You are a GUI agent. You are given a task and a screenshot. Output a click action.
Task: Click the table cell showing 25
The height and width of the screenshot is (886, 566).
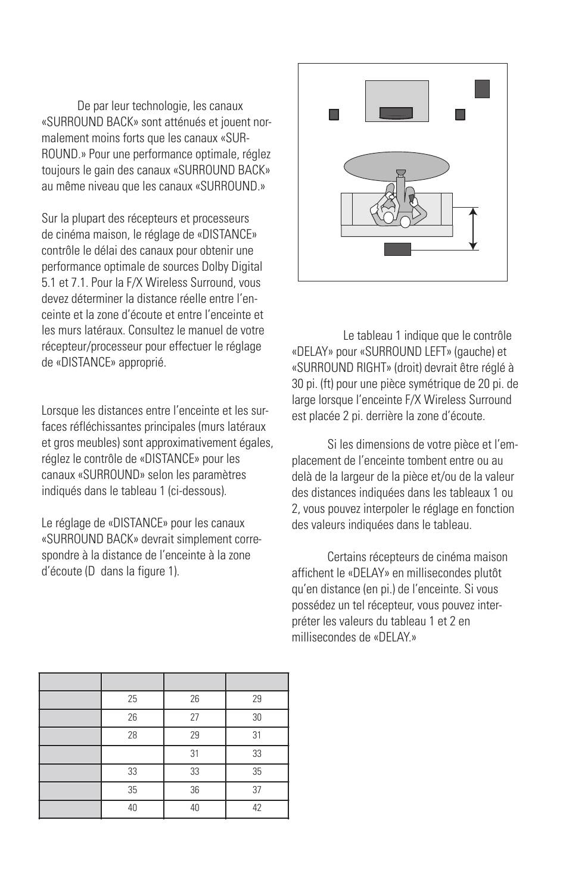tap(132, 699)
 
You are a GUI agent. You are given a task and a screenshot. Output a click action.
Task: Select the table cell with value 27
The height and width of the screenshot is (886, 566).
tap(194, 717)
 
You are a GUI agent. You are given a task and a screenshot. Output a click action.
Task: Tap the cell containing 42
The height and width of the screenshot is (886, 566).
tap(257, 807)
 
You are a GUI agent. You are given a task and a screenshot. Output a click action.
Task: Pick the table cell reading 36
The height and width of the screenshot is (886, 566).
tap(194, 790)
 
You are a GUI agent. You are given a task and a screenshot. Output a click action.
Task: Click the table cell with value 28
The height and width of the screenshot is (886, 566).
tap(132, 735)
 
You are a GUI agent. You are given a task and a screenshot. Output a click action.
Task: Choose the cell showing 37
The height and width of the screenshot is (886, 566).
tap(257, 790)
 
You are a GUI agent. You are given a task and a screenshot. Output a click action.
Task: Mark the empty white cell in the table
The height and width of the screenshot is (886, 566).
tap(132, 753)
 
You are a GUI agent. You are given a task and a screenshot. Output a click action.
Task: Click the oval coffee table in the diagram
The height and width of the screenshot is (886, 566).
tap(396, 167)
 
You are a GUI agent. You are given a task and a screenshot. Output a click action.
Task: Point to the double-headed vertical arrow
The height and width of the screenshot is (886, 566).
tap(472, 228)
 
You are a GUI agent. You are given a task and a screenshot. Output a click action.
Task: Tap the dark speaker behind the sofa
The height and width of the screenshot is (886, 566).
tap(397, 249)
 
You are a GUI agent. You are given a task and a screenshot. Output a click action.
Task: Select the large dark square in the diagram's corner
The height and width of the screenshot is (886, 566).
tap(482, 89)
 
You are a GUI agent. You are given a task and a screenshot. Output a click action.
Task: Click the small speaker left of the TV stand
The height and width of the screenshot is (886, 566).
tap(334, 115)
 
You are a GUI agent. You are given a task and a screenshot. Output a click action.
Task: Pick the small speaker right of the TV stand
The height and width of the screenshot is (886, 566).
tap(460, 115)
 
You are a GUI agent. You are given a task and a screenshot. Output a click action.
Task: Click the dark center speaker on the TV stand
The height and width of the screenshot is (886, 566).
tap(396, 113)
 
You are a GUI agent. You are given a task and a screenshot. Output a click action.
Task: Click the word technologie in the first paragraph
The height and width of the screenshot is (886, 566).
tap(160, 106)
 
